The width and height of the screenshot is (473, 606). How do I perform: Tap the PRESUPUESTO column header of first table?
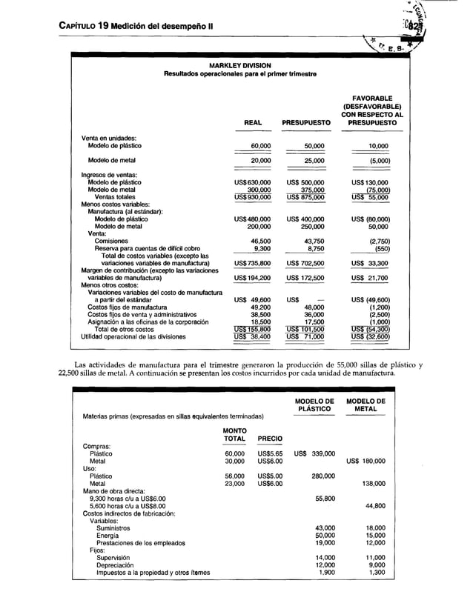click(x=305, y=123)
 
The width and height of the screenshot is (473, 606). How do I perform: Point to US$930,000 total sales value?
click(x=252, y=196)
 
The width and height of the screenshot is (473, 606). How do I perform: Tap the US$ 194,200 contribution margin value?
click(x=252, y=278)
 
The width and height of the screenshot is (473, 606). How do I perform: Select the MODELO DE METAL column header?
click(x=365, y=404)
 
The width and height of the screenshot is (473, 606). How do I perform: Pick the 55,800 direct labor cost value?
click(x=325, y=499)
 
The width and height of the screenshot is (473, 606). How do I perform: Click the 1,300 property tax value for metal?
click(x=376, y=572)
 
